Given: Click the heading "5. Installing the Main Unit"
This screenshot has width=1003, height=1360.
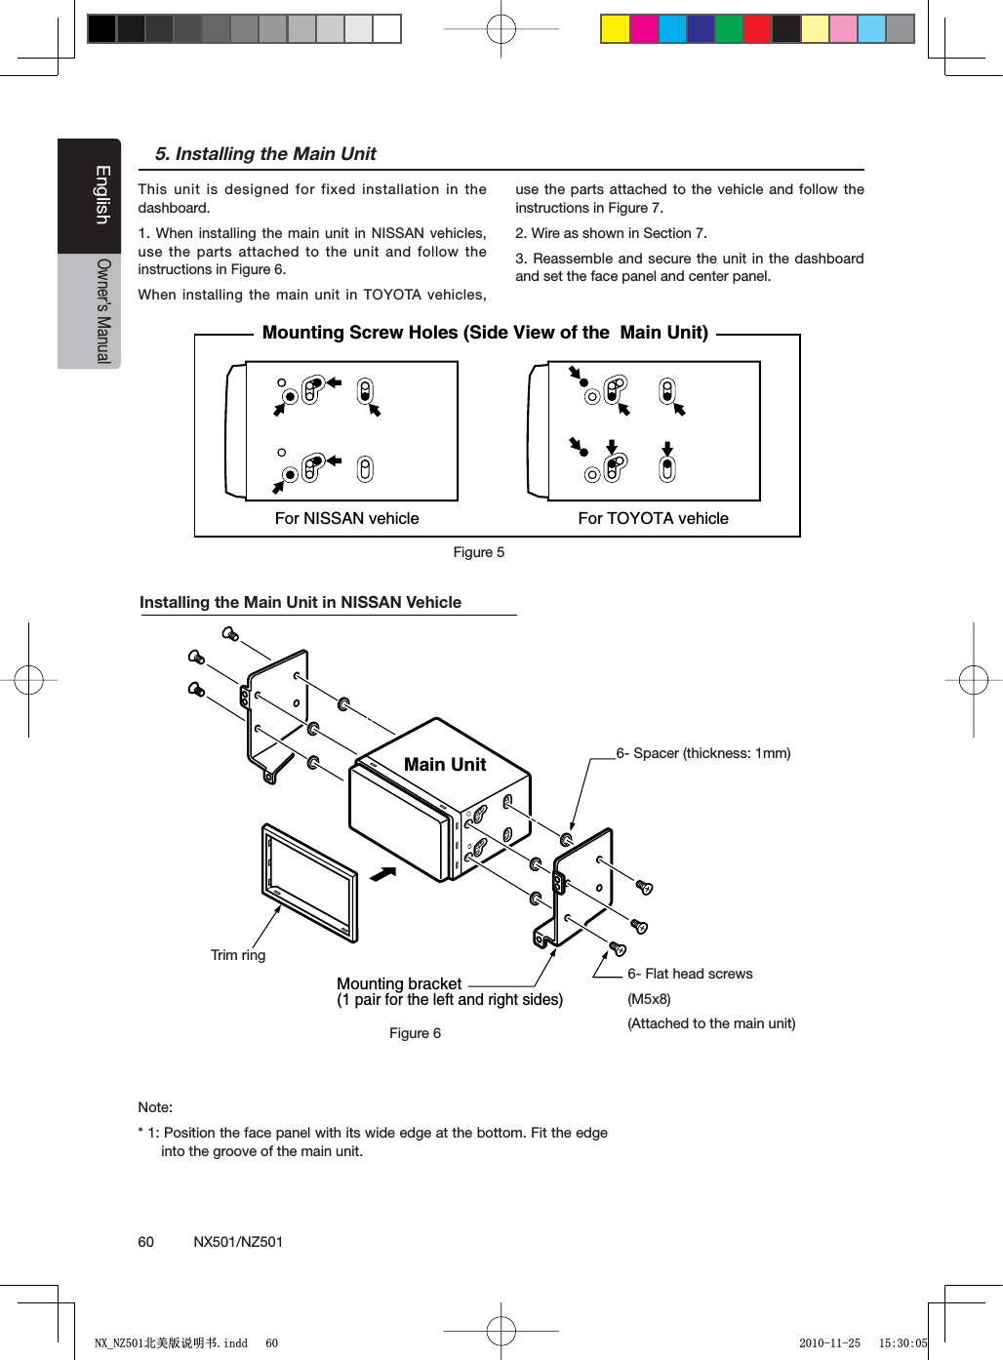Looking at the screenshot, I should [x=265, y=154].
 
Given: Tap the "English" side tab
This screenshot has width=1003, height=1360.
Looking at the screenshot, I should [x=101, y=195].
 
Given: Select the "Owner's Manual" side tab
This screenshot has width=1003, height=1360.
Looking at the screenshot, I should [x=103, y=310].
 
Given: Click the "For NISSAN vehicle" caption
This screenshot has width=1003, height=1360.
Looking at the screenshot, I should [x=346, y=518].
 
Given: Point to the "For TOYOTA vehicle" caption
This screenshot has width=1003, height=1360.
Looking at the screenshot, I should [x=653, y=518].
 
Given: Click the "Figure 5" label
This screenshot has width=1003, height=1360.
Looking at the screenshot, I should [x=478, y=552].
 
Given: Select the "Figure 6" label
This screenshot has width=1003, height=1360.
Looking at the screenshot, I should [x=415, y=1033].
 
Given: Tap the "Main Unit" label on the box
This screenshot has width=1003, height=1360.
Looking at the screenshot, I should [x=445, y=765].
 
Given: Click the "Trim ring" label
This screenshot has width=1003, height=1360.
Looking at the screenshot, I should [x=238, y=955].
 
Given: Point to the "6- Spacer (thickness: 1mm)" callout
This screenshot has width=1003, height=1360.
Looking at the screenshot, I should [x=703, y=753].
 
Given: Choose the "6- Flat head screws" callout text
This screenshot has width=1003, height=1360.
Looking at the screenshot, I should [x=690, y=974].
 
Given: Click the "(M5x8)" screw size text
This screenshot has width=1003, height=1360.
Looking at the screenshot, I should [x=649, y=999].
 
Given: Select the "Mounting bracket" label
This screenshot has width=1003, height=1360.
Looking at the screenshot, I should [x=399, y=983].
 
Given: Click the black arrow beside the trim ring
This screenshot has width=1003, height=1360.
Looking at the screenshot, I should [x=382, y=873].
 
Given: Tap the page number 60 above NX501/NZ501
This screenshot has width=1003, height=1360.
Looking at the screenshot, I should [x=145, y=1242].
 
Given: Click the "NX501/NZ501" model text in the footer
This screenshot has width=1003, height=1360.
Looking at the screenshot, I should [x=238, y=1242].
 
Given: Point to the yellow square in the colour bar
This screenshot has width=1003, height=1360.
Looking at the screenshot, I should [x=615, y=29].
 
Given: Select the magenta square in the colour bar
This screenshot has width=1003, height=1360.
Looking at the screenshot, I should [x=644, y=29].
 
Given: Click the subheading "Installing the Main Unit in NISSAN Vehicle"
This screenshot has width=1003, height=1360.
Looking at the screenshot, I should [x=301, y=603].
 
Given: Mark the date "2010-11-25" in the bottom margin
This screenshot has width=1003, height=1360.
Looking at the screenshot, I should [x=829, y=1343].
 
